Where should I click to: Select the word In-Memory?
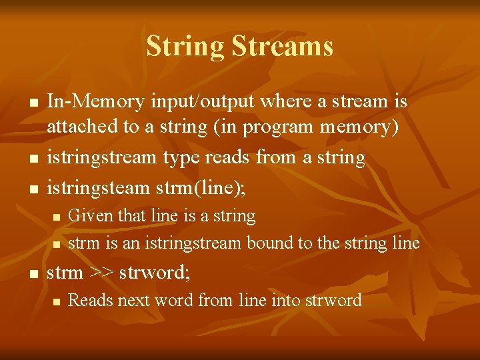pyautogui.click(x=95, y=102)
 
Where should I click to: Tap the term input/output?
pyautogui.click(x=202, y=102)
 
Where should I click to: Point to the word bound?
pyautogui.click(x=270, y=243)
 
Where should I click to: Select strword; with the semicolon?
pyautogui.click(x=155, y=273)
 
